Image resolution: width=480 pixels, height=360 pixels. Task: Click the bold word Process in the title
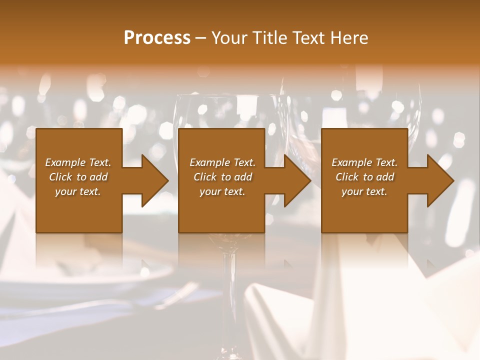point(157,38)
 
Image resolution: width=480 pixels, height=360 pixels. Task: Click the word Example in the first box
point(65,162)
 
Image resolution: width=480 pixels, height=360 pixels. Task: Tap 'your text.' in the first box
point(78,191)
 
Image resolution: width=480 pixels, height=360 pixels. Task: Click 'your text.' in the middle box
point(222,191)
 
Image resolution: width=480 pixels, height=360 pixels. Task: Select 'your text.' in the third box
point(364,191)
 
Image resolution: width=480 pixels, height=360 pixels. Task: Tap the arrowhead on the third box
point(440,180)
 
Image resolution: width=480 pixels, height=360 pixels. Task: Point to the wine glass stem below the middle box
point(229,290)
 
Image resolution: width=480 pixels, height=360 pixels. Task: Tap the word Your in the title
point(228,38)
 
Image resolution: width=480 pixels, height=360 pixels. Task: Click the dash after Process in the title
point(201,38)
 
